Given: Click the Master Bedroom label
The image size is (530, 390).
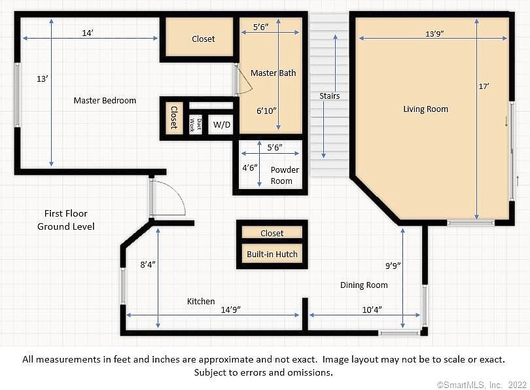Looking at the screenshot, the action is [105, 100].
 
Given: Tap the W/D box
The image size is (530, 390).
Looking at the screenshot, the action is [221, 125].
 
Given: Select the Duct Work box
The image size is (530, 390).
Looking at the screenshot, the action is [196, 125].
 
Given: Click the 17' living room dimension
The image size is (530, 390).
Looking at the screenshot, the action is [484, 86].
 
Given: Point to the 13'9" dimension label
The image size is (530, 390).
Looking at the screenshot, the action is [434, 34].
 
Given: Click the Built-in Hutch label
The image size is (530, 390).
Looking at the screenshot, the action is [272, 254].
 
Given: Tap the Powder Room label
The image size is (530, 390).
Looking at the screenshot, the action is [285, 175].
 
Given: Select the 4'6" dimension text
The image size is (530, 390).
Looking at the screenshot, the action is [250, 168].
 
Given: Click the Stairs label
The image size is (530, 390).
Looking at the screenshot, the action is [330, 96].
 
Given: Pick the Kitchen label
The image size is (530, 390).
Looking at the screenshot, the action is [201, 301].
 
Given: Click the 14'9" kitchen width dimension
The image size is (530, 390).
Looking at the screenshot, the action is [230, 310].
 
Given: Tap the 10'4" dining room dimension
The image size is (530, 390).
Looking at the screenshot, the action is [372, 310].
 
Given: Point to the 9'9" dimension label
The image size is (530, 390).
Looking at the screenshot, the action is [393, 266].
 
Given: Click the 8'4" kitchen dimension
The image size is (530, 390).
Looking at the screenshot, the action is [148, 264].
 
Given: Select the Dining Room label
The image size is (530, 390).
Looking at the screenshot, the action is [364, 285].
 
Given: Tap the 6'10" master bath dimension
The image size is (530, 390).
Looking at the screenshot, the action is [266, 111].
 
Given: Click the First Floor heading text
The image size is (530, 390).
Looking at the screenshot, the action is [66, 213].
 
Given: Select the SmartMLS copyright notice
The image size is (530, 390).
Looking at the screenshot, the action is [482, 385].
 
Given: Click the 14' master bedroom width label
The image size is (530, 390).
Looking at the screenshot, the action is [88, 33].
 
